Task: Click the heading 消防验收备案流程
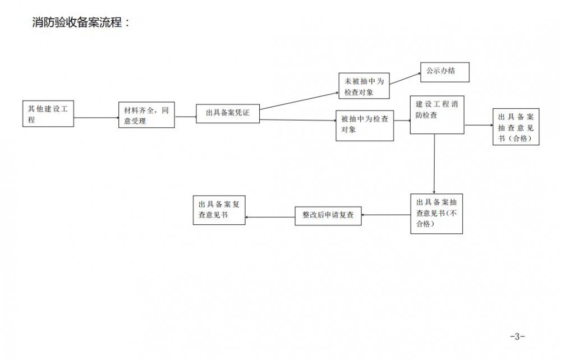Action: pos(81,24)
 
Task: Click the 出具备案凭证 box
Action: pos(227,113)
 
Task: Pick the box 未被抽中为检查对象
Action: pos(364,86)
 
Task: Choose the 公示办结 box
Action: pos(444,72)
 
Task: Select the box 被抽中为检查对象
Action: pos(365,124)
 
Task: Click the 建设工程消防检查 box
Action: pos(437,114)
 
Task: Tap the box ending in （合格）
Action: pos(516,127)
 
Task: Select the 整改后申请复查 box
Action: pos(328,214)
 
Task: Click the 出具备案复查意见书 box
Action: pos(219,210)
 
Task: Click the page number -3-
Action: pos(517,337)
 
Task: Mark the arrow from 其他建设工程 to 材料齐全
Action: pos(96,118)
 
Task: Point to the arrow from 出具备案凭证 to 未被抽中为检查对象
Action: pos(298,100)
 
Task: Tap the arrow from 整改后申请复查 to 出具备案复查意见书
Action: pos(270,216)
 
